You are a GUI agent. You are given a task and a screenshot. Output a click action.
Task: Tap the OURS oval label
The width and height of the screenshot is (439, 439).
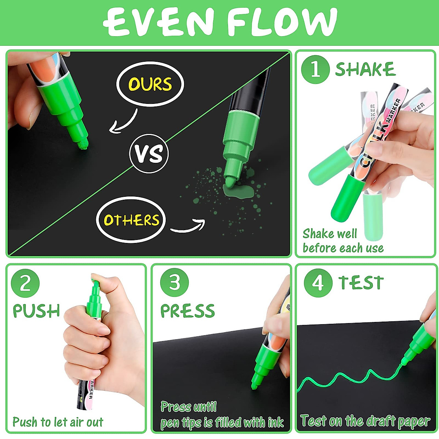click(150, 85)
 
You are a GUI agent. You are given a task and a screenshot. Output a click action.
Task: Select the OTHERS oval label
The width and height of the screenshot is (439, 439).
click(131, 220)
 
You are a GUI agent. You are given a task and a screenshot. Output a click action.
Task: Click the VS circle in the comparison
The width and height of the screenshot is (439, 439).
click(149, 154)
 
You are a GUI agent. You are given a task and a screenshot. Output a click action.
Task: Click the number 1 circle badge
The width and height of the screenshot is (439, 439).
click(315, 70)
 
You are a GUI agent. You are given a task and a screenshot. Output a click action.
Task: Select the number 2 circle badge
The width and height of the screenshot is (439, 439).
click(25, 284)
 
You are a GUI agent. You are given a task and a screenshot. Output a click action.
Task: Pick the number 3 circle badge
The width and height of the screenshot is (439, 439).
click(175, 283)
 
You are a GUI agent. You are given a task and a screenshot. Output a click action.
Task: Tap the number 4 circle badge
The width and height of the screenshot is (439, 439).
click(318, 283)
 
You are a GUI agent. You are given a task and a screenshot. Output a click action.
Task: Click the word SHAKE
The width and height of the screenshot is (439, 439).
click(365, 70)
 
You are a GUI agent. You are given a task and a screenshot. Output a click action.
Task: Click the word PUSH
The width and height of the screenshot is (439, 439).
click(36, 311)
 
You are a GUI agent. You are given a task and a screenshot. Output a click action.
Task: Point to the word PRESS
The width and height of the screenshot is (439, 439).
click(187, 311)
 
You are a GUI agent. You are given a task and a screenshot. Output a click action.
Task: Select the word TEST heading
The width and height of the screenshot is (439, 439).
click(361, 283)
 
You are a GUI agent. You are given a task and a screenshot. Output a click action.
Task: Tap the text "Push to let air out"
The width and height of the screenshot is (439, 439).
click(58, 422)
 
